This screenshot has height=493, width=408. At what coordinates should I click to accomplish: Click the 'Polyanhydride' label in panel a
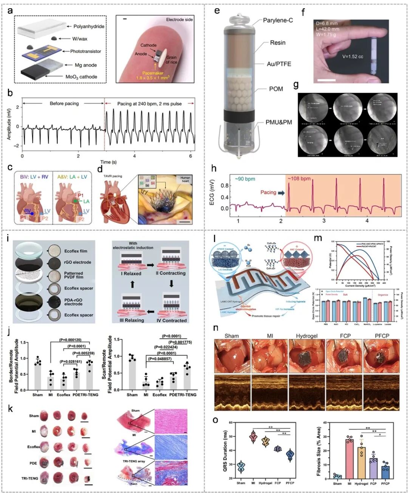[x=89, y=26]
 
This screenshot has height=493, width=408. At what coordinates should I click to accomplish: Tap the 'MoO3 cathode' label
[x=81, y=77]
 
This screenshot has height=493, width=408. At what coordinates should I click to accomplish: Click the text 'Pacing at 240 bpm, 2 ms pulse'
[x=149, y=104]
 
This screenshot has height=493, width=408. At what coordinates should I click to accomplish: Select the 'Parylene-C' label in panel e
[x=278, y=20]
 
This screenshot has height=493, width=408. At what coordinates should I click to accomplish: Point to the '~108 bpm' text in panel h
[x=300, y=179]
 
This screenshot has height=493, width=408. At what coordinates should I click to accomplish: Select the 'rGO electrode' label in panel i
[x=78, y=262]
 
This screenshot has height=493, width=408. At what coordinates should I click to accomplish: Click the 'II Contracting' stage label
[x=171, y=273]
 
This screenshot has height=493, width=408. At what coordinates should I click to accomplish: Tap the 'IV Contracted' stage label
[x=172, y=320]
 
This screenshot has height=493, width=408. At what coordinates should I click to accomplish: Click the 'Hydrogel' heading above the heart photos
[x=307, y=336]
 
